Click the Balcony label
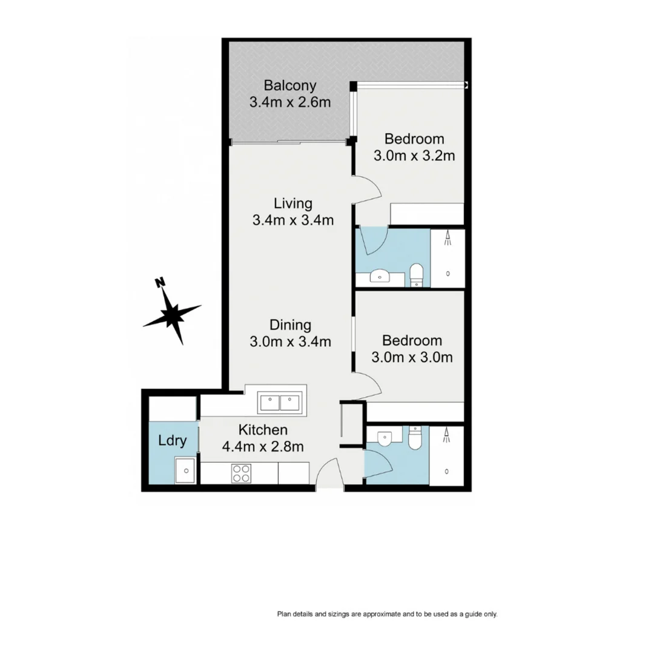point(289,85)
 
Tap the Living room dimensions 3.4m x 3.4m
point(292,220)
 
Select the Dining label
point(290,325)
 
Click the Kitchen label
point(262,430)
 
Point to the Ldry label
point(172,440)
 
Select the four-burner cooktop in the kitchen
point(242,473)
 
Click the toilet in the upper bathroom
point(416,274)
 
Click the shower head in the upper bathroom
point(448,239)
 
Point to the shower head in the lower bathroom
point(448,432)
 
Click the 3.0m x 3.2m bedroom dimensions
point(414,156)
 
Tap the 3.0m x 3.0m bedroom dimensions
point(412,357)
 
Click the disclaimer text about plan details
point(387,614)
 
